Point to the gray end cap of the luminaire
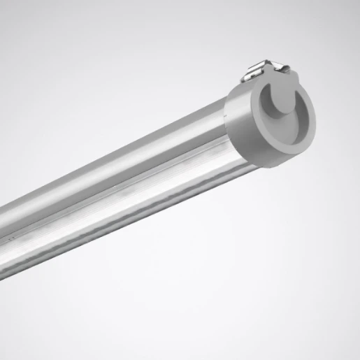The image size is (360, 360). click(276, 119)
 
